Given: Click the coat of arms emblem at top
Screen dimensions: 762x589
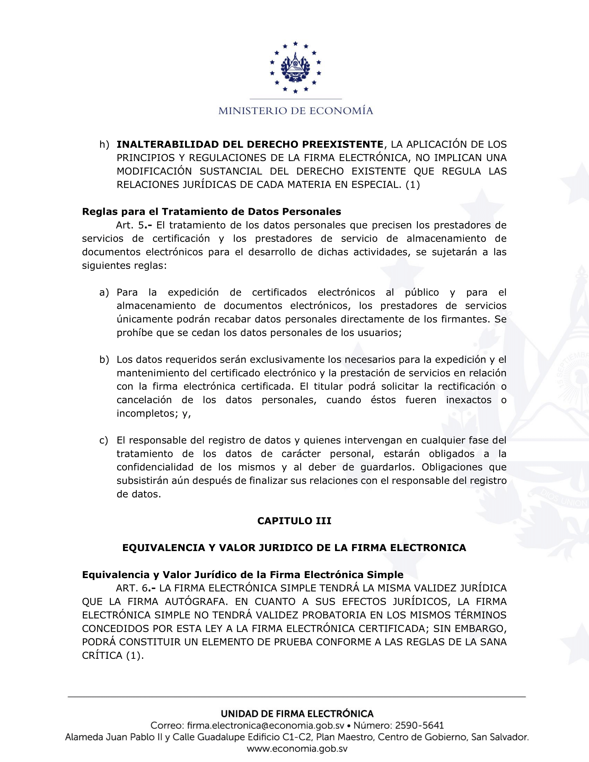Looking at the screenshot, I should (x=295, y=67).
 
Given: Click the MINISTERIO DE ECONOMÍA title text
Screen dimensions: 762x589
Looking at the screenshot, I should (x=296, y=111).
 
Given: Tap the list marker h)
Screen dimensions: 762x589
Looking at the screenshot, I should (x=104, y=144).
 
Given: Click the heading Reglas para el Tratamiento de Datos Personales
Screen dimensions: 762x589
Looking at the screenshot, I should (x=211, y=212).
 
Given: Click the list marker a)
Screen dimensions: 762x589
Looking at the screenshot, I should (x=104, y=292).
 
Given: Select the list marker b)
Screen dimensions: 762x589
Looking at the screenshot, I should (x=104, y=360).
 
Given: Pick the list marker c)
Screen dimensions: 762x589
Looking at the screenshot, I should (x=104, y=441).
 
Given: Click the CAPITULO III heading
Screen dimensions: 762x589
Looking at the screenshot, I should (x=294, y=521).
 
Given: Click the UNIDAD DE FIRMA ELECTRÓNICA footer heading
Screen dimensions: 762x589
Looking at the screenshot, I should (x=297, y=714).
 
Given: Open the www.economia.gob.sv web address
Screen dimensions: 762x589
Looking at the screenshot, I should (x=297, y=749).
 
